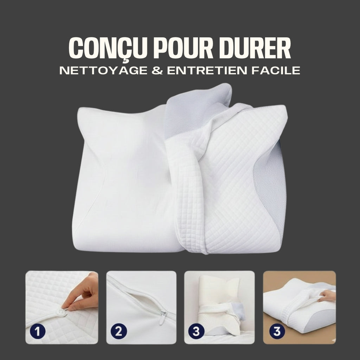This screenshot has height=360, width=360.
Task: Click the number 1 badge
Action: [x=35, y=332]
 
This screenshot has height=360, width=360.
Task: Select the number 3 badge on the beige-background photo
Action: [x=277, y=332]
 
